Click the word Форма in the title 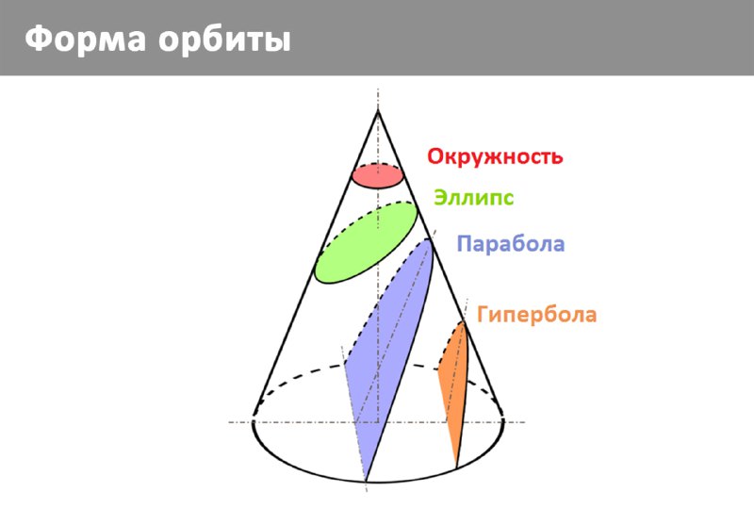pos(85,39)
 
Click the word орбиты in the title pos(225,39)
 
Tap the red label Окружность pos(495,156)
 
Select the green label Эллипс pos(474,198)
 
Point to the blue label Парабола pos(511,243)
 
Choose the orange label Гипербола pos(536,315)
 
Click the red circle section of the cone pos(378,175)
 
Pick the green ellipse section pos(366,242)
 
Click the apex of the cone pos(378,110)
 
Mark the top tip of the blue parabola pos(429,239)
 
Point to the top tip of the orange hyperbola pos(464,321)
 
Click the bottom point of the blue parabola pos(367,481)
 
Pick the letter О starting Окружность pos(435,156)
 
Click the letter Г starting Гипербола pos(483,314)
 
